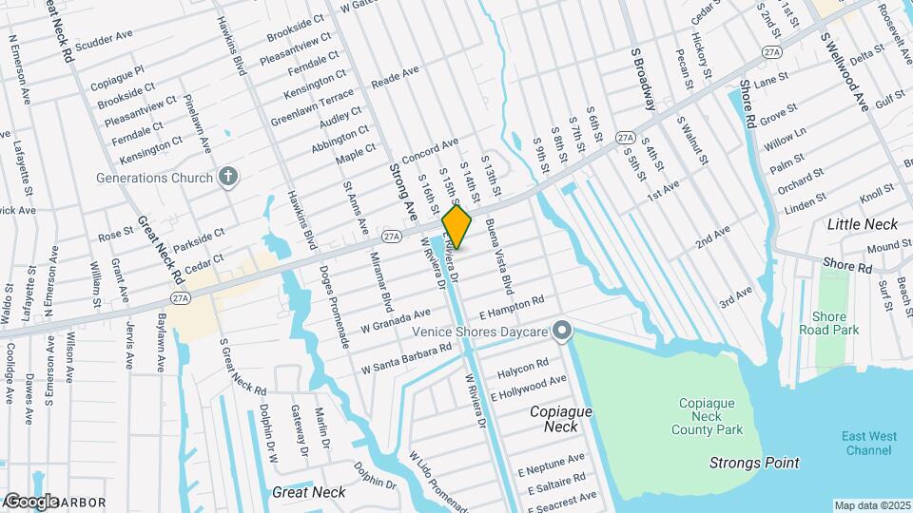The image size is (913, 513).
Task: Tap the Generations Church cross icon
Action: [227, 177]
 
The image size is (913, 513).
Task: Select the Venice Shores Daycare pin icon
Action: [561, 331]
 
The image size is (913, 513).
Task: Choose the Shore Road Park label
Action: [836, 323]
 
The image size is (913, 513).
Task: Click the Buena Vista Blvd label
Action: [499, 256]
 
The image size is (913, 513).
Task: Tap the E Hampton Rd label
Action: [512, 306]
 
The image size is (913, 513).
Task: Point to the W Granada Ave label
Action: [396, 320]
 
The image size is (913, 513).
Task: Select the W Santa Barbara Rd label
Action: [406, 356]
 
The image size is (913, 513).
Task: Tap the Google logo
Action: [31, 501]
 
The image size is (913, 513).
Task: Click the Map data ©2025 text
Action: [870, 505]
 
